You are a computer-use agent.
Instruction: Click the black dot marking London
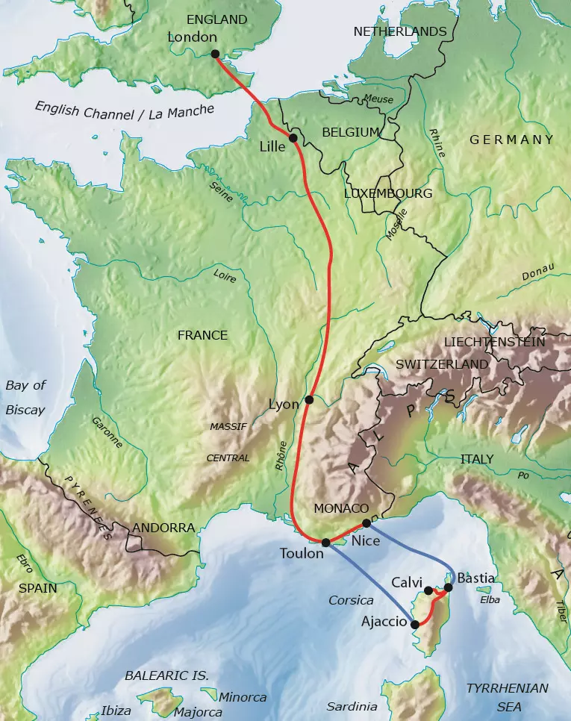[x=215, y=54]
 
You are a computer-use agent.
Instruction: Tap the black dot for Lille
[x=293, y=138]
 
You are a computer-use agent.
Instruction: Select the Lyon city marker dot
[x=309, y=400]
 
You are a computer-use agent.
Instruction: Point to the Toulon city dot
[x=325, y=543]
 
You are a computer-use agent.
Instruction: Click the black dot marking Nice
[x=366, y=523]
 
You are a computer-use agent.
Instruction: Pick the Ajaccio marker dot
[x=415, y=625]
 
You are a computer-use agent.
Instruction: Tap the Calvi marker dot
[x=428, y=591]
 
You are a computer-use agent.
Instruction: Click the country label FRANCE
[x=202, y=335]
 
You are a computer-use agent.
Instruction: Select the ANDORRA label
[x=163, y=528]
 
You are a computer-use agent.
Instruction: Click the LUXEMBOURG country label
[x=387, y=193]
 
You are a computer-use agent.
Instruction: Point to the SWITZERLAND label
[x=442, y=364]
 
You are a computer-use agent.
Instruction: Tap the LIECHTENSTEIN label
[x=494, y=342]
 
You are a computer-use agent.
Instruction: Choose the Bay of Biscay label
[x=25, y=398]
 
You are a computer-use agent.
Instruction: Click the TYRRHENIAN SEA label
[x=507, y=697]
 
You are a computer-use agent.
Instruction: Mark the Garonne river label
[x=107, y=431]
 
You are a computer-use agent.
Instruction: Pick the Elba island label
[x=489, y=599]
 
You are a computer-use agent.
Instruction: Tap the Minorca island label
[x=243, y=698]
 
